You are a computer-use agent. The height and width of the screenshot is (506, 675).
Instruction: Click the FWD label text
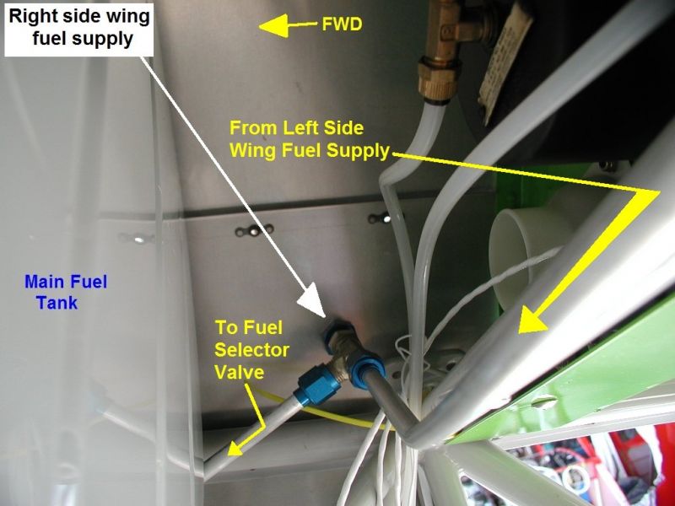pyautogui.click(x=342, y=24)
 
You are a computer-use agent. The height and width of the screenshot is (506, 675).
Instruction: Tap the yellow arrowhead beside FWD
pyautogui.click(x=273, y=26)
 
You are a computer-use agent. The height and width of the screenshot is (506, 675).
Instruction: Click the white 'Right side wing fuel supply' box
pyautogui.click(x=78, y=29)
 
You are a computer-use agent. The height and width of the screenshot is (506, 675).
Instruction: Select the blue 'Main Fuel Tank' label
pyautogui.click(x=66, y=292)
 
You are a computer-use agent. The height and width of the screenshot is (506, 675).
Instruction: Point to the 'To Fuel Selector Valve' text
pyautogui.click(x=251, y=350)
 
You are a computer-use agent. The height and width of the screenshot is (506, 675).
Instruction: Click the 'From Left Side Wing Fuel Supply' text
pyautogui.click(x=309, y=139)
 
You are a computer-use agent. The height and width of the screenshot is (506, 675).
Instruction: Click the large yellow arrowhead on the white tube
pyautogui.click(x=533, y=320)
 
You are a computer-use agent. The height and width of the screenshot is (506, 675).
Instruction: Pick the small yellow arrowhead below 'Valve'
pyautogui.click(x=237, y=448)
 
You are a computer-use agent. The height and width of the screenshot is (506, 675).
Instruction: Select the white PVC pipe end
pyautogui.click(x=516, y=258)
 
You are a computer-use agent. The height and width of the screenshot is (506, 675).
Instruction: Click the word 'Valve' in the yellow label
pyautogui.click(x=240, y=372)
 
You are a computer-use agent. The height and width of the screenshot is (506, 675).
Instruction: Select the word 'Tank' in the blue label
pyautogui.click(x=57, y=303)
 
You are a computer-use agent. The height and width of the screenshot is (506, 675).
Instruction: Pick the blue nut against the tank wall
pyautogui.click(x=338, y=331)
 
